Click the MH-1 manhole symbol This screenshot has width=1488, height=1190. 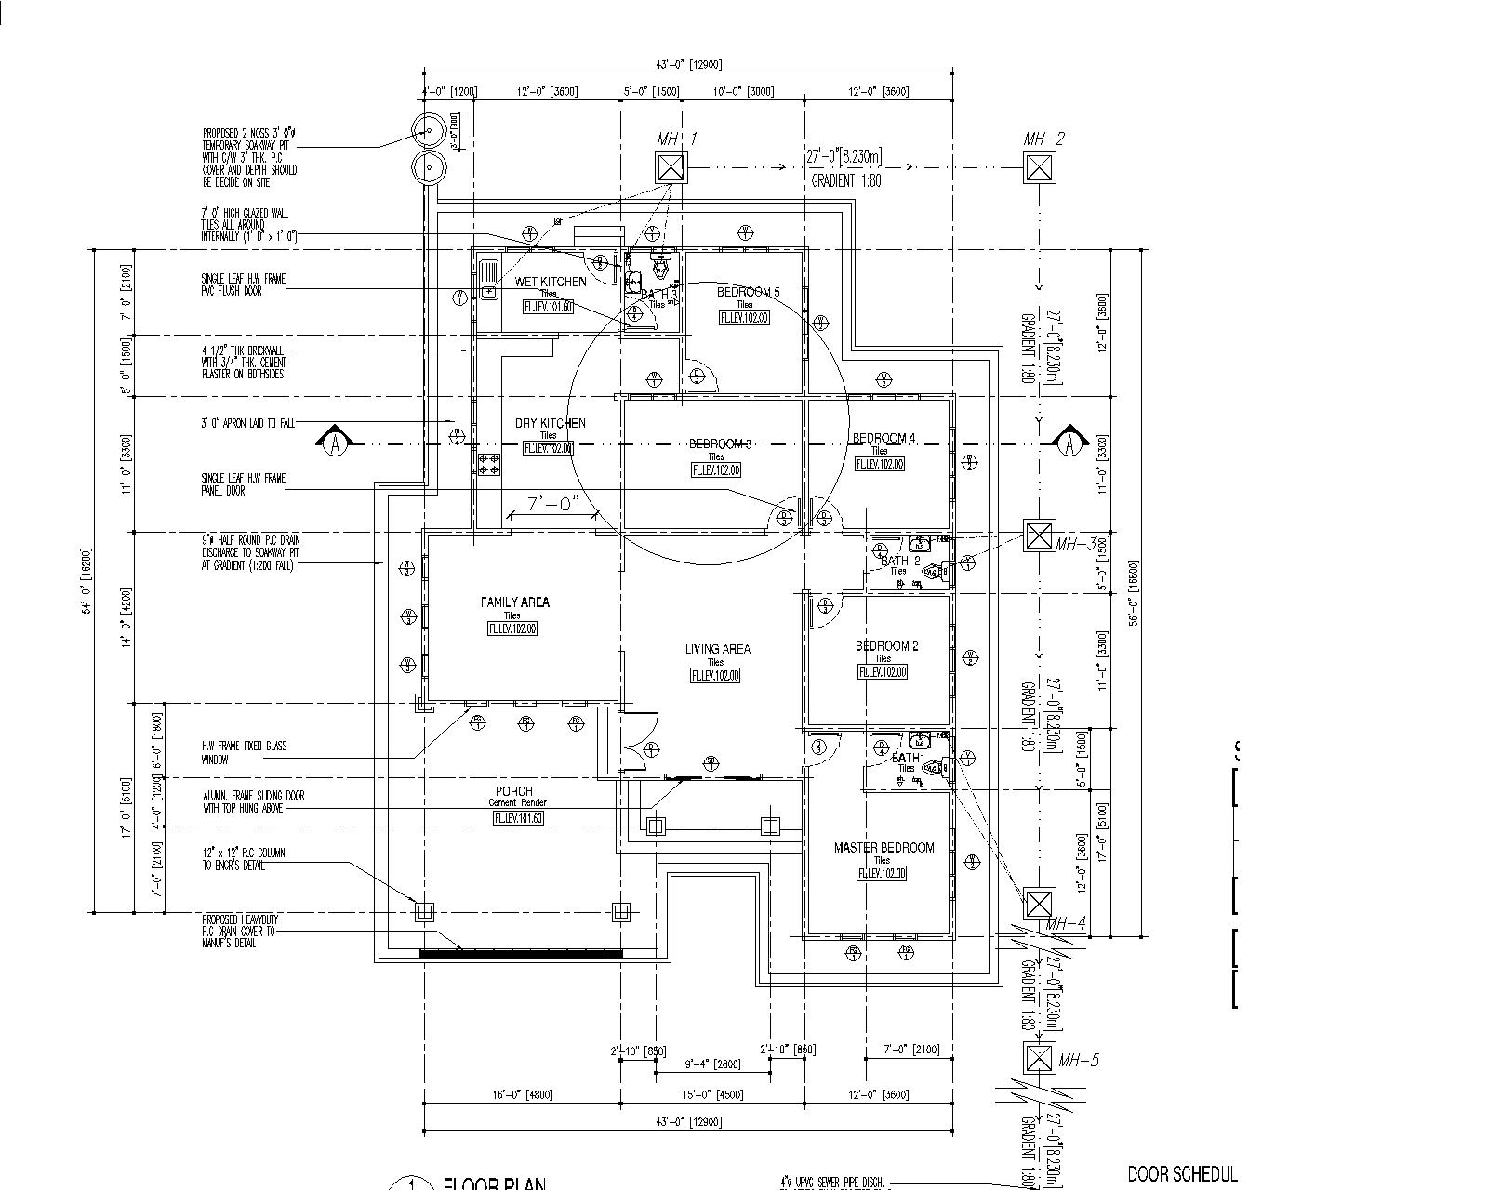tap(671, 167)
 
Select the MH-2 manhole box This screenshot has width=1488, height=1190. tap(1039, 167)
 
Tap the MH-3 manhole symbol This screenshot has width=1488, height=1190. tap(1039, 535)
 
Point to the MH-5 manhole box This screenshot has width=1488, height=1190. tap(1039, 1058)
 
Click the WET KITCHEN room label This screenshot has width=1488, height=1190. tap(551, 282)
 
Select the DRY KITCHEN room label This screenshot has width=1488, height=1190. tap(551, 423)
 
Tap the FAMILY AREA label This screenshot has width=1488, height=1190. tap(514, 602)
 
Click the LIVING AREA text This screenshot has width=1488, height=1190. tap(717, 650)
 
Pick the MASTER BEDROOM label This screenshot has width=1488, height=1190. tap(883, 848)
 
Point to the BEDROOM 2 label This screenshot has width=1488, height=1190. tap(886, 646)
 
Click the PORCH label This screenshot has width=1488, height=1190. tap(514, 791)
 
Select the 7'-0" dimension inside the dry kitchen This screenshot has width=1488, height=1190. tap(554, 504)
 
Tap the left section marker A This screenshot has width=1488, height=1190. tap(336, 443)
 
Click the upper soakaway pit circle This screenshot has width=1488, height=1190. tap(429, 132)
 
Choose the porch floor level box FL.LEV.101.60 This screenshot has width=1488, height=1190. tap(518, 818)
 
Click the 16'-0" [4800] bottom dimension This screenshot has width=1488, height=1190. tap(521, 1094)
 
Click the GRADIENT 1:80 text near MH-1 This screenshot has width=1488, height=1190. tap(846, 181)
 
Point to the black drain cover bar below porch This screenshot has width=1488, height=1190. tap(521, 953)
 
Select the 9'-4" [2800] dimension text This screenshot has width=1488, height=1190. tap(711, 1064)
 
